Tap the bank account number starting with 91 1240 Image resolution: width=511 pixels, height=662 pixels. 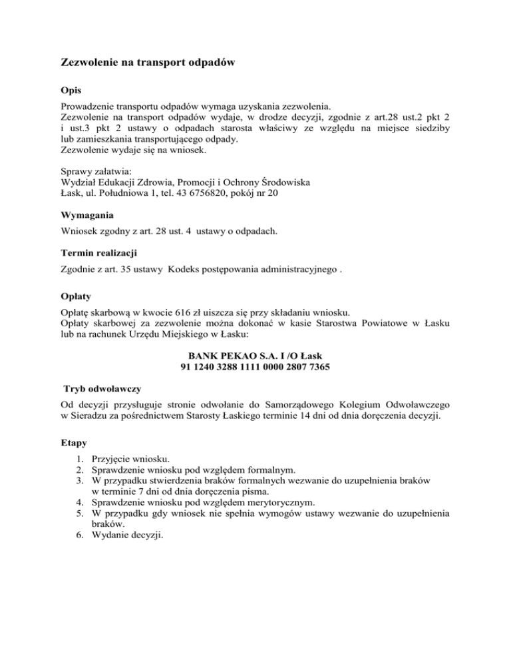[x=255, y=367]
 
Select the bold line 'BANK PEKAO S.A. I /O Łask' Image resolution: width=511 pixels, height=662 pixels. [x=255, y=355]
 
